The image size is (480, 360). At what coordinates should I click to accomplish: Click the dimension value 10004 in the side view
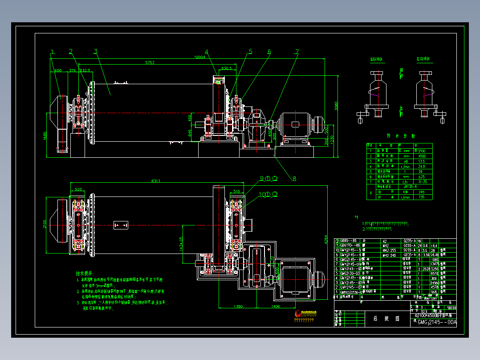(200, 57)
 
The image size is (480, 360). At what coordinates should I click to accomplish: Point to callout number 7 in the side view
(297, 52)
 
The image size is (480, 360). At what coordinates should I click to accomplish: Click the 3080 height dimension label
(337, 106)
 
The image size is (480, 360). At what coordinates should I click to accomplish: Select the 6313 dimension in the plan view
(156, 181)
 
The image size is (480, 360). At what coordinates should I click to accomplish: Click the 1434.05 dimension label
(181, 245)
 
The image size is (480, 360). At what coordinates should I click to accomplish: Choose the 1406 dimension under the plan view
(276, 307)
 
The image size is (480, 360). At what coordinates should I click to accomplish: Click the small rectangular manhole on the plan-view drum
(121, 225)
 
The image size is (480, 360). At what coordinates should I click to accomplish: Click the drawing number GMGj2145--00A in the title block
(437, 322)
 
